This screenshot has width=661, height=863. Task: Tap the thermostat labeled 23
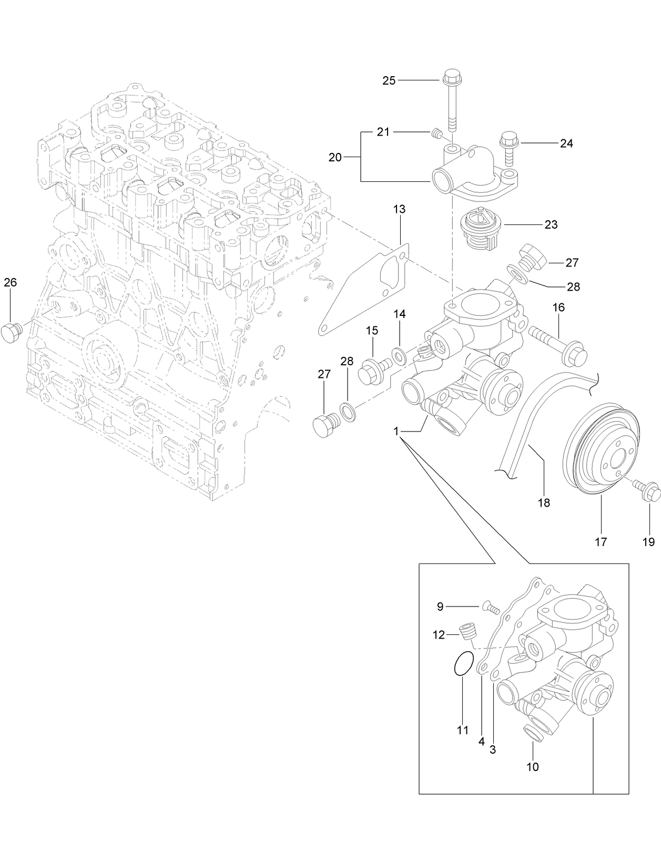pos(480,231)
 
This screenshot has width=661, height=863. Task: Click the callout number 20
pos(335,157)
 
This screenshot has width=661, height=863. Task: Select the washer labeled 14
pos(399,356)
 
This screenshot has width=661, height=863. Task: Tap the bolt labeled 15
pos(372,369)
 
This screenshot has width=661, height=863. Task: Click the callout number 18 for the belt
pos(544,503)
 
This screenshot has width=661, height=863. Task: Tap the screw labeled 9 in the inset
pos(489,608)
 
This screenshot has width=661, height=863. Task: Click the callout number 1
pos(395,431)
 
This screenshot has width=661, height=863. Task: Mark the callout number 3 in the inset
pos(493,751)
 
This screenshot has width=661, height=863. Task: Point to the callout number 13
pos(399,209)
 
